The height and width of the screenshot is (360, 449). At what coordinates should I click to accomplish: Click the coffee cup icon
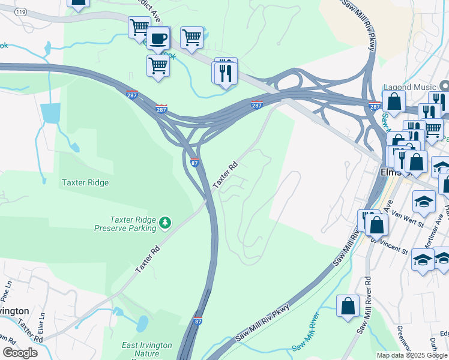pos(158,38)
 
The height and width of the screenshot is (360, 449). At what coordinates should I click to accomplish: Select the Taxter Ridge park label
pos(86,182)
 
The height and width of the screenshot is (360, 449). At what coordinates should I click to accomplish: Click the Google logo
pos(20,353)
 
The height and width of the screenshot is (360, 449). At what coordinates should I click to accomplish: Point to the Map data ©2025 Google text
pos(412,355)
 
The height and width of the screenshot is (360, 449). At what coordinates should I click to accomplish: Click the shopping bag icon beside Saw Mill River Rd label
pos(348,306)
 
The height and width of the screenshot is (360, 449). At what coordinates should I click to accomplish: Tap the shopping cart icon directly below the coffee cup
pos(158,65)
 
